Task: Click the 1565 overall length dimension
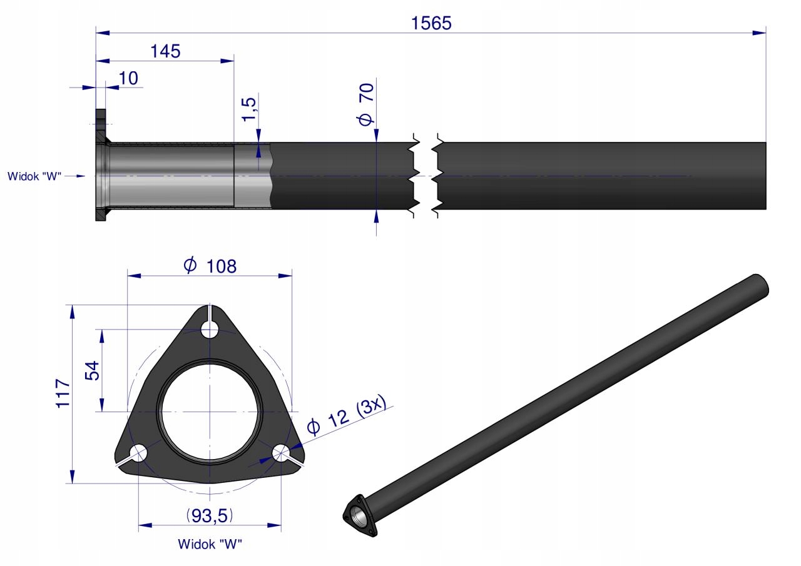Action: (431, 23)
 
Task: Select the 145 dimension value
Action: (165, 51)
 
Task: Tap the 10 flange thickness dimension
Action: (128, 78)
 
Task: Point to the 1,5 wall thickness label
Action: (249, 109)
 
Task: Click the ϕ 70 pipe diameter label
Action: (366, 104)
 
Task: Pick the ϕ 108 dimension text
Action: (210, 266)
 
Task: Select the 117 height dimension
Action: (63, 393)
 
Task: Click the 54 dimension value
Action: (92, 370)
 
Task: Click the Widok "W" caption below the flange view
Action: (210, 544)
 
